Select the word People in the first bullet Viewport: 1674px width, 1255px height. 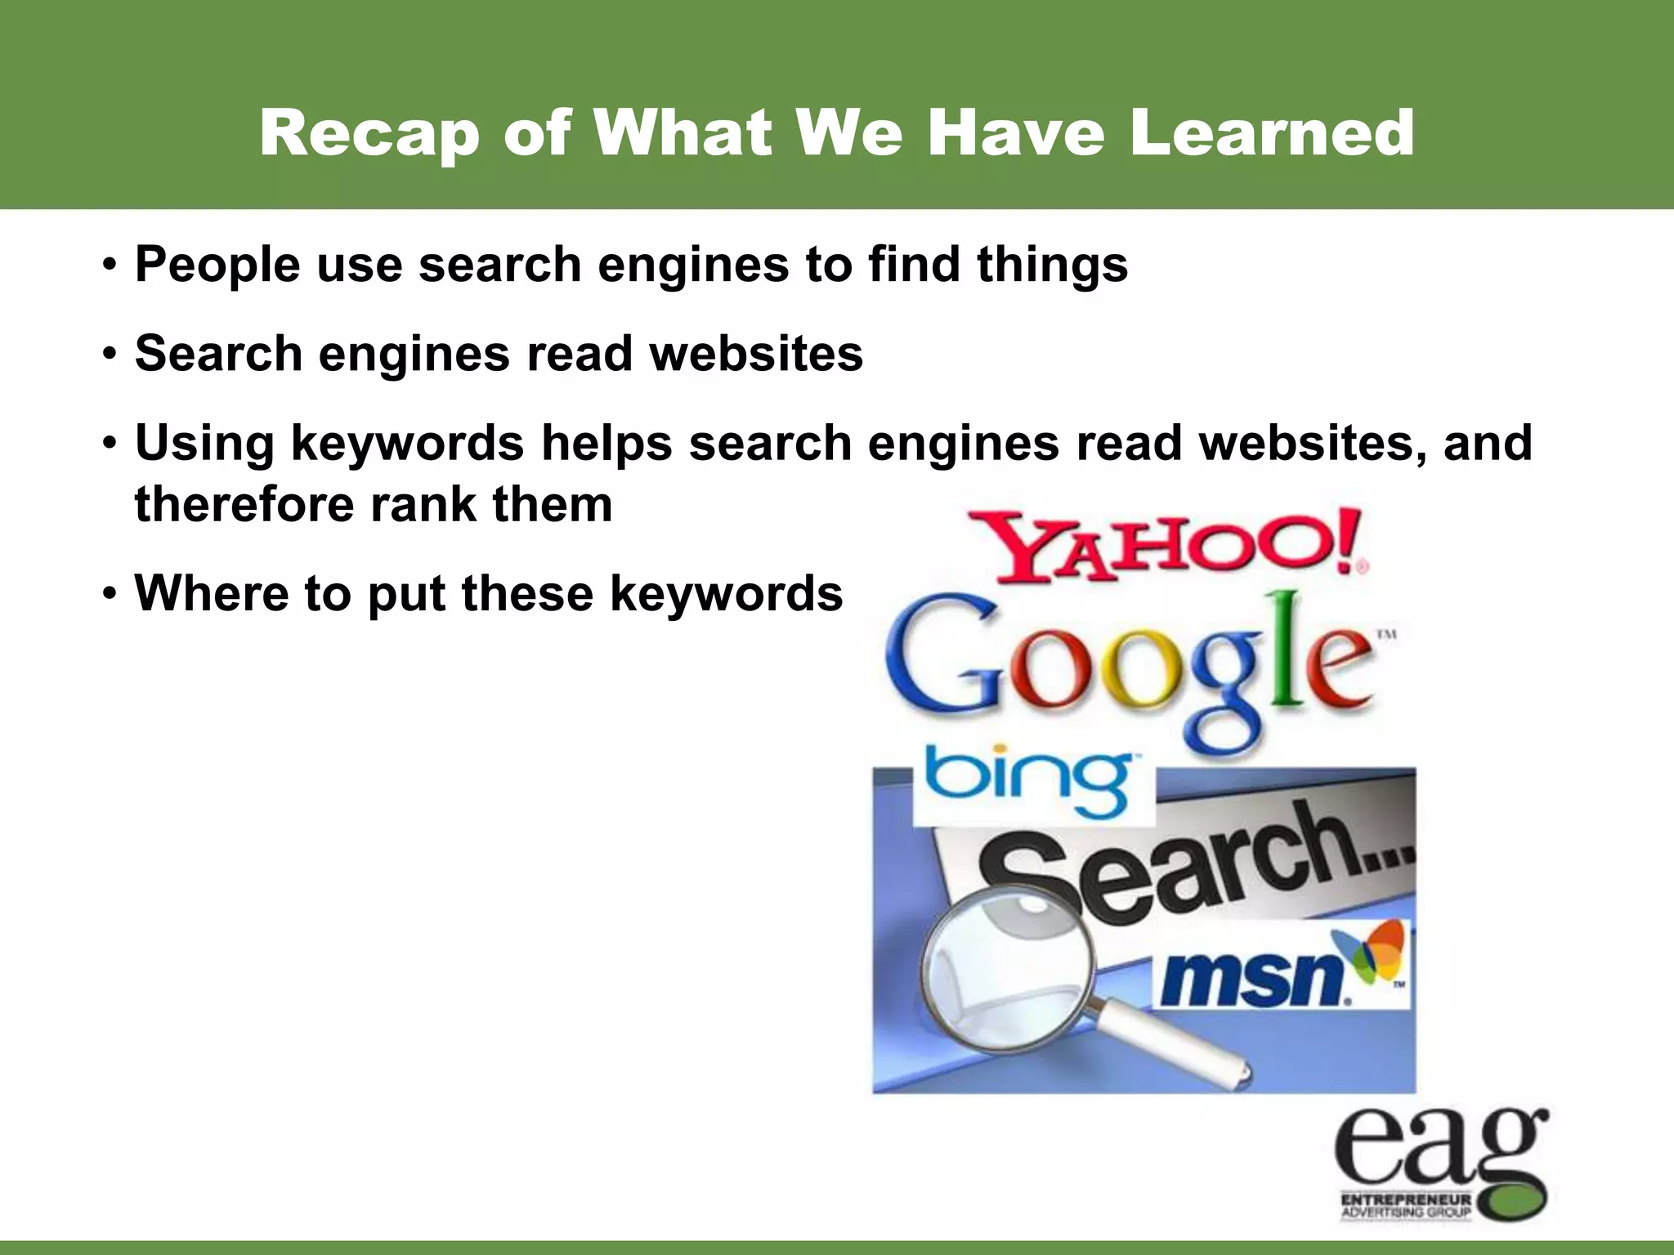coord(217,266)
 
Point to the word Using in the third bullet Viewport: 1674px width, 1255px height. coord(204,444)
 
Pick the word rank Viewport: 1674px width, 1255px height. coord(423,504)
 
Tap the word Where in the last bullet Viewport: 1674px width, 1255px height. coord(211,593)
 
